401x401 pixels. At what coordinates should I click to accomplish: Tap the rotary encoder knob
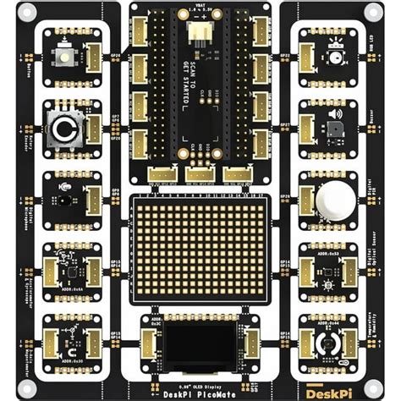[63, 129]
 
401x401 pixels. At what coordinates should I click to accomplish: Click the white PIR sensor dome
[336, 200]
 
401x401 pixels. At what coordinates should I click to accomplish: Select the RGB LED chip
[337, 57]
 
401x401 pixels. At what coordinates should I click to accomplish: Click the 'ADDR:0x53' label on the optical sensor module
[337, 255]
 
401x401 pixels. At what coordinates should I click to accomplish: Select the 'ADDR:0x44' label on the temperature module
[337, 324]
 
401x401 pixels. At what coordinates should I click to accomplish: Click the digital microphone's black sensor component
[63, 200]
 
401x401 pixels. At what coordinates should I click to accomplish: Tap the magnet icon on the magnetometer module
[69, 350]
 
